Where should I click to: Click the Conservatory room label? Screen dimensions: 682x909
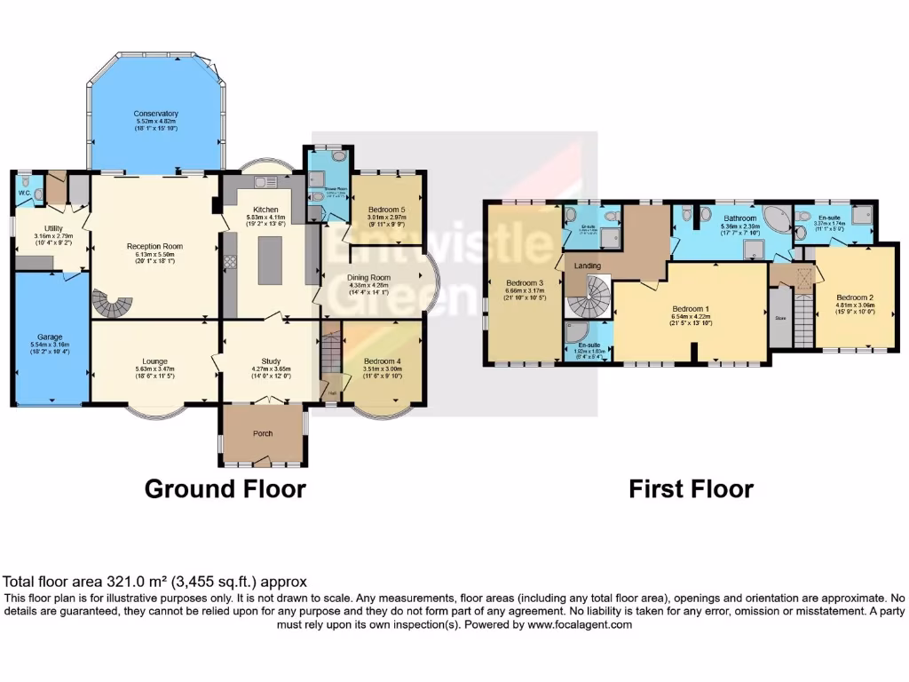tap(156, 114)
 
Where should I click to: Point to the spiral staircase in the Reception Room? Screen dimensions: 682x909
tap(112, 305)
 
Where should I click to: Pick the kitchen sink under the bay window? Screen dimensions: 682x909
tap(264, 183)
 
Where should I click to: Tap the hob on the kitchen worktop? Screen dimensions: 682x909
tap(231, 261)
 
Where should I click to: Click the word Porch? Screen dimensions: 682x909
tap(263, 433)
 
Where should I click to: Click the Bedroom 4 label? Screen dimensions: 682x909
tap(382, 361)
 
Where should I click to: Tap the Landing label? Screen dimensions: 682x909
tap(588, 266)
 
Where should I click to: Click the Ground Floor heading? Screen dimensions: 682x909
tap(225, 488)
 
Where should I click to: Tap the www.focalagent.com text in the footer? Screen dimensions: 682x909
tap(582, 624)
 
